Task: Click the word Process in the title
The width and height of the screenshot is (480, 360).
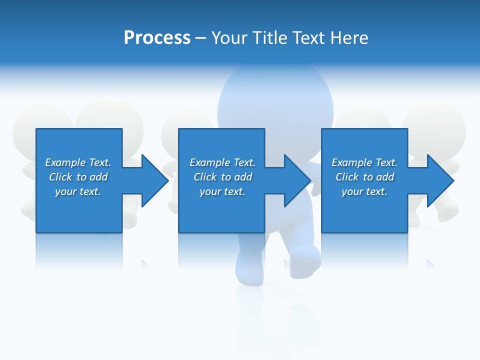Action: click(x=157, y=38)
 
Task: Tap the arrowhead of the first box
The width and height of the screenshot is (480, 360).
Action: click(x=154, y=180)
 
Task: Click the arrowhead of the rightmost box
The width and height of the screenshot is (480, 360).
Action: click(x=440, y=180)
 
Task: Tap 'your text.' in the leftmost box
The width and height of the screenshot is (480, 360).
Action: click(x=78, y=191)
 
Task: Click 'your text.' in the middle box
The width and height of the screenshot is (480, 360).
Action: click(x=222, y=191)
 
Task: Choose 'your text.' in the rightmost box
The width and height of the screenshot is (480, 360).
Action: click(x=364, y=191)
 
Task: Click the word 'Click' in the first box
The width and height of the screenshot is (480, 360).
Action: click(x=60, y=177)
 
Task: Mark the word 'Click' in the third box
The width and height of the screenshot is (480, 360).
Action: click(x=347, y=177)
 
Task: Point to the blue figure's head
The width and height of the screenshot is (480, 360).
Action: click(x=275, y=97)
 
